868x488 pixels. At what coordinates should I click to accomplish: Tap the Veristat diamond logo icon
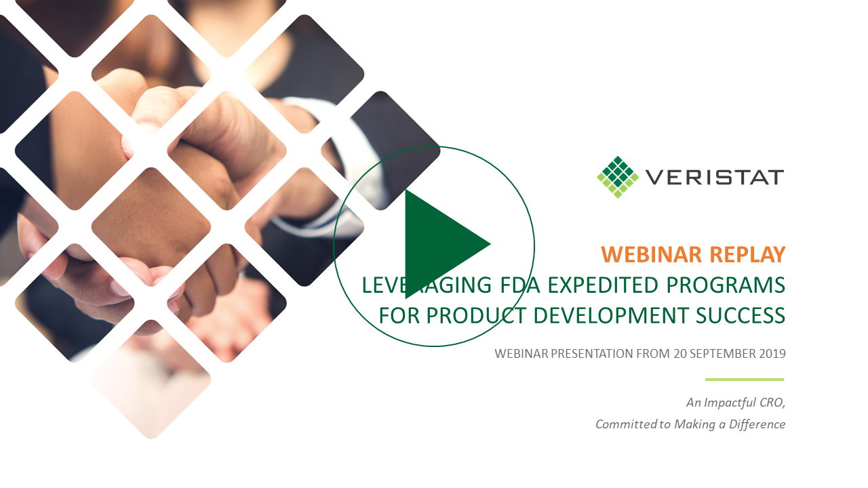tap(618, 177)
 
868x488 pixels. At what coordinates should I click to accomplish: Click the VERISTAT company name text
tap(715, 178)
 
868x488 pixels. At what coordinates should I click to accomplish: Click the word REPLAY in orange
tap(747, 255)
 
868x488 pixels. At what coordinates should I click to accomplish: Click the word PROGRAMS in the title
tap(726, 285)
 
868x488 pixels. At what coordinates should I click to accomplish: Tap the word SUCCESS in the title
tap(741, 315)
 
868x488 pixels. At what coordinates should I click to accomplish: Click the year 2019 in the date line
tap(772, 354)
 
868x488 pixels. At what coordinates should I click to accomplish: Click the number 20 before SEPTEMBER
tap(679, 354)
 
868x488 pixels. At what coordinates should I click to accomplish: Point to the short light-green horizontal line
tap(745, 380)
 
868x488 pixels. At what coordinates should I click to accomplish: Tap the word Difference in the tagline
tap(757, 424)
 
